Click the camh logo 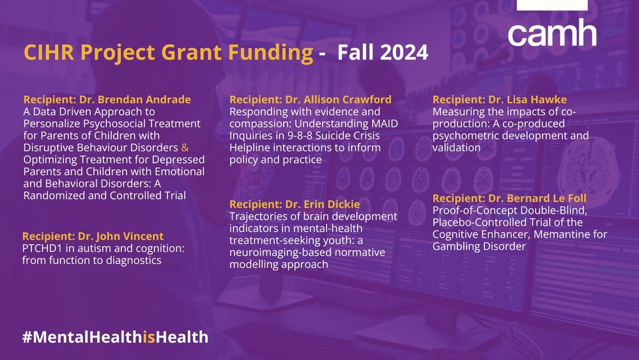tap(552, 33)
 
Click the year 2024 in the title tap(404, 52)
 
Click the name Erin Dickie tap(332, 204)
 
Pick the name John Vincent tap(130, 236)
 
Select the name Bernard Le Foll tap(546, 198)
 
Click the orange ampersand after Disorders tap(185, 148)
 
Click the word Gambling tap(455, 247)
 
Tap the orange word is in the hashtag tap(149, 337)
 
